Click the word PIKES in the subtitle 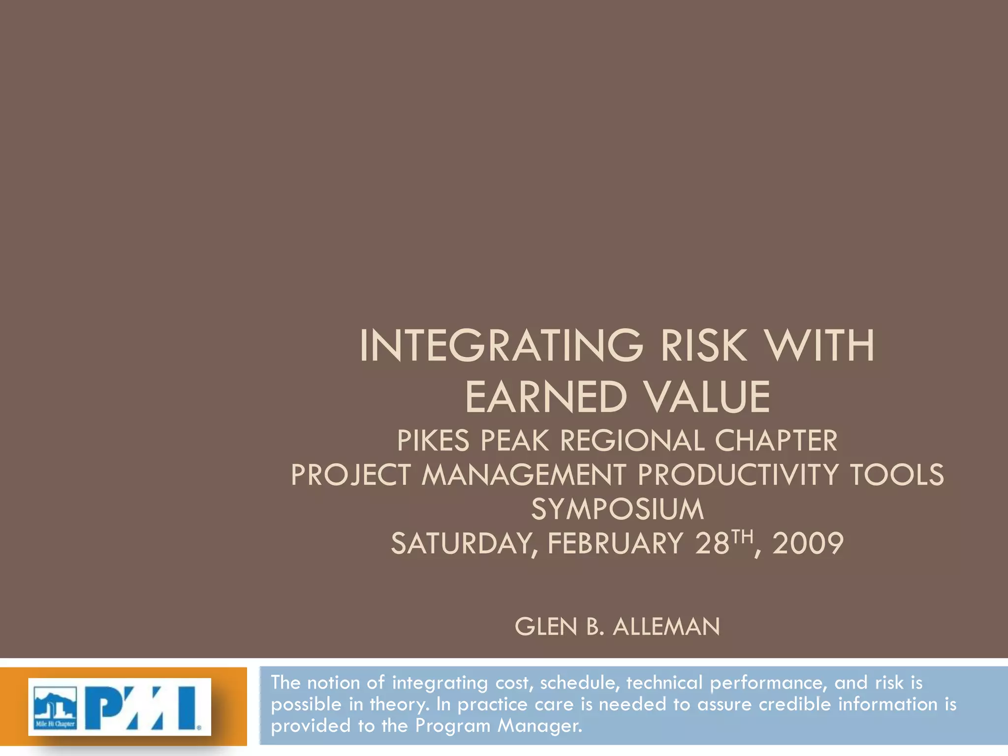433,441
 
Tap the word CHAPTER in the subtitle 776,441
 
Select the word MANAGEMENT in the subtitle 523,475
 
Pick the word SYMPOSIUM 617,509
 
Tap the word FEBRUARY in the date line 615,544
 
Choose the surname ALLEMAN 666,627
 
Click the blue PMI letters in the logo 143,707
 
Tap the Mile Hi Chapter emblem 55,707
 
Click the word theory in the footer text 399,704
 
